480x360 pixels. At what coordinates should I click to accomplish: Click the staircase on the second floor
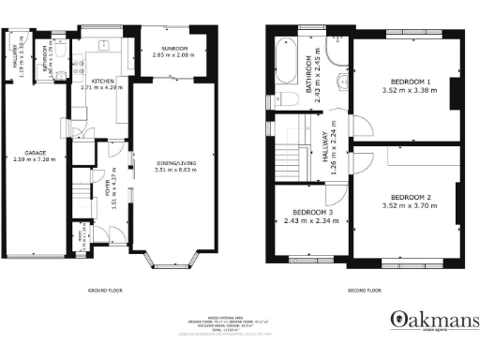(291, 156)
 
